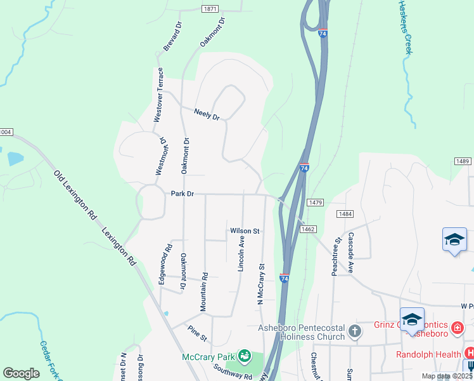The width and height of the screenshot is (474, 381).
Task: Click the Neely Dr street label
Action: [x=207, y=116]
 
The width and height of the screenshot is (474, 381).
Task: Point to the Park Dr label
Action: [x=181, y=193]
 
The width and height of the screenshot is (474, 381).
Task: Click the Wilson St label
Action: [x=245, y=231]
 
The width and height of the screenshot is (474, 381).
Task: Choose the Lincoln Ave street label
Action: [x=241, y=254]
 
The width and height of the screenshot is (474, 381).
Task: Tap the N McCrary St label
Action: [x=260, y=284]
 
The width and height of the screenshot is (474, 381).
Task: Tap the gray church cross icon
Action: [x=355, y=331]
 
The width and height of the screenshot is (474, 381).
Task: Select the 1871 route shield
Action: [x=211, y=9]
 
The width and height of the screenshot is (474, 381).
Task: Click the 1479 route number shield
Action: [x=316, y=203]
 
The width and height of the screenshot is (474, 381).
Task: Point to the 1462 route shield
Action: [x=309, y=229]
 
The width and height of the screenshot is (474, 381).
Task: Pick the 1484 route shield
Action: [x=344, y=215]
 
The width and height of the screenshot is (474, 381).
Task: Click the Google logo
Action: [x=21, y=373]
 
